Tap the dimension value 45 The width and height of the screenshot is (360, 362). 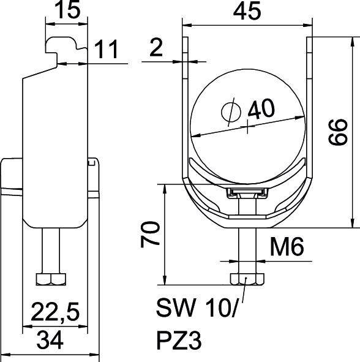point(249,12)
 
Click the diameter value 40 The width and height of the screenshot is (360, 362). point(261,109)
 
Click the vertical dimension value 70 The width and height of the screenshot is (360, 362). point(152,233)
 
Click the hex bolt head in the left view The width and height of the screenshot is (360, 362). point(50,279)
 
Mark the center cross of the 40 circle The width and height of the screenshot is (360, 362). point(247,129)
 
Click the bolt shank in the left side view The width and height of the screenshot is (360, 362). point(50,251)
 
